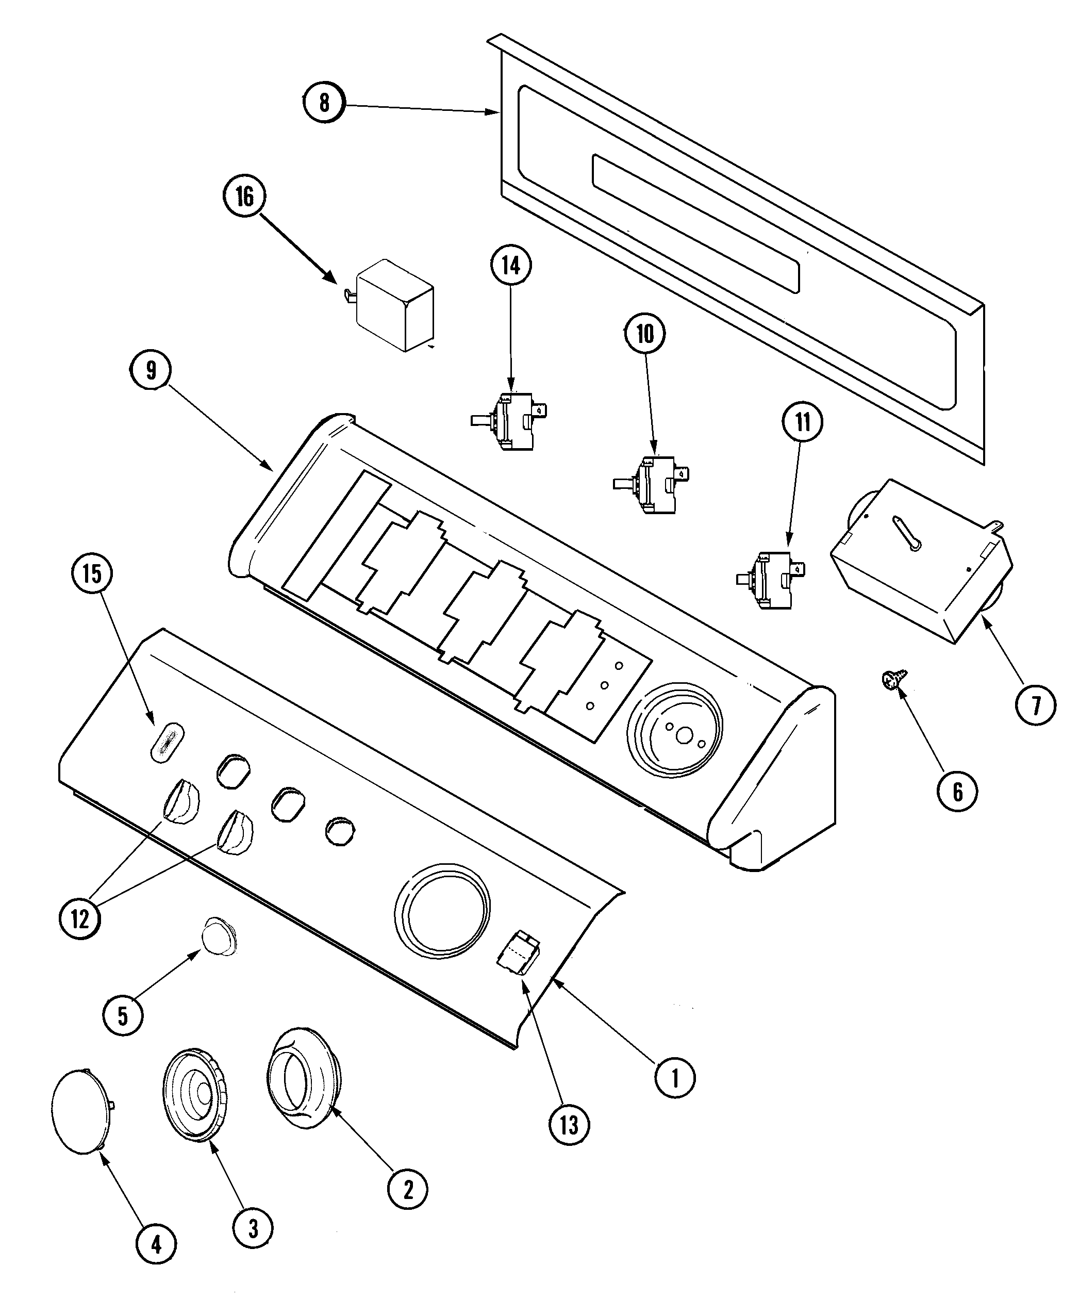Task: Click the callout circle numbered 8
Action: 324,102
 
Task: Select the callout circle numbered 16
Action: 245,196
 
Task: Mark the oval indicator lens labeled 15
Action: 167,741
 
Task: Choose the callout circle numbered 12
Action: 80,919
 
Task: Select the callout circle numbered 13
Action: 569,1125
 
